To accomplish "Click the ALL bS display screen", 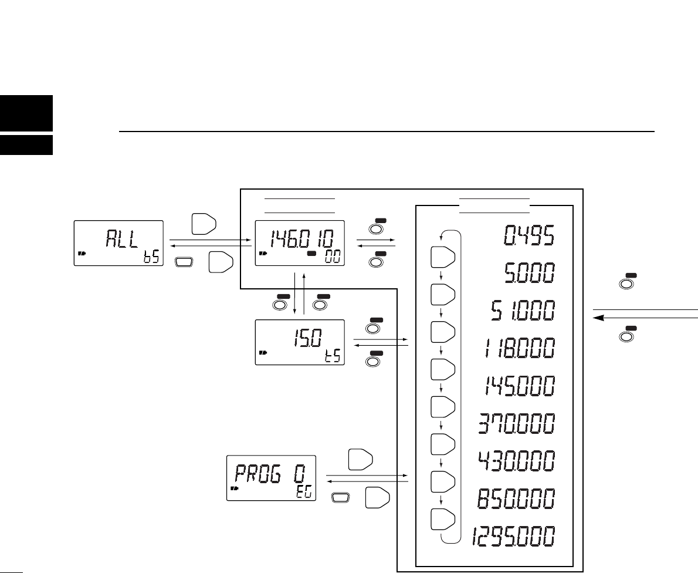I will (118, 243).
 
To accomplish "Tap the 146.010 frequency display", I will (299, 243).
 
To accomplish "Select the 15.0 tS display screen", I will (299, 342).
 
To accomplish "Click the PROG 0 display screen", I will (271, 477).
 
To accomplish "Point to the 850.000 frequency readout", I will (513, 500).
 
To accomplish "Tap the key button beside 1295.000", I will (443, 520).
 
